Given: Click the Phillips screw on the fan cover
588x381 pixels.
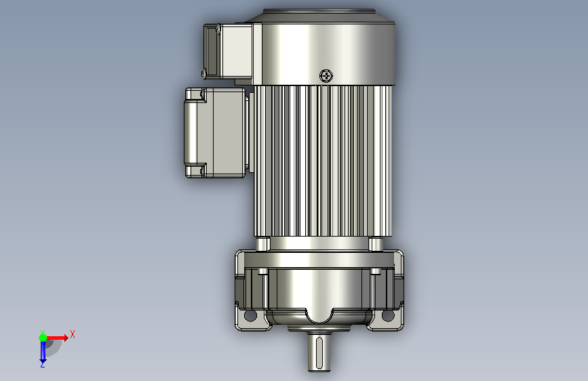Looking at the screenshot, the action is coord(326,76).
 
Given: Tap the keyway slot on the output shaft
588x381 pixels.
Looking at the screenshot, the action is coord(319,353).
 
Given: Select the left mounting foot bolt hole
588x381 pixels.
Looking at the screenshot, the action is coord(250,315).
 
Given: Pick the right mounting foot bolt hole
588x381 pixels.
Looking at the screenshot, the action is coord(388,315).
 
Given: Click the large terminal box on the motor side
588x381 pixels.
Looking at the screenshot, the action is coord(215,133).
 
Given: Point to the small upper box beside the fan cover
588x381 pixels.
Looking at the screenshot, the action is coord(228,52).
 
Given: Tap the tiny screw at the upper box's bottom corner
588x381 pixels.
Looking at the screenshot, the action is coord(204,73).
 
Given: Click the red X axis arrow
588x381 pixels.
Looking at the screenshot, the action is coord(57,338).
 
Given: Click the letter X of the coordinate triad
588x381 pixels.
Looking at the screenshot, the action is coord(73,334).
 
